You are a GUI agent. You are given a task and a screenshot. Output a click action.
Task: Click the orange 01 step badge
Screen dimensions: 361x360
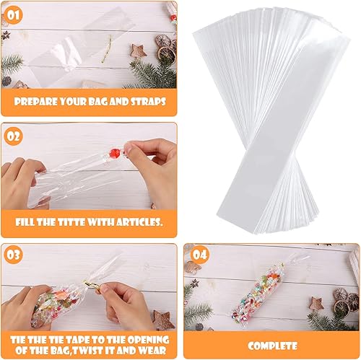pos(14,15)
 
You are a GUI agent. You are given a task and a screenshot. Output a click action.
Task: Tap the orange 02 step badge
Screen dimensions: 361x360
pos(14,136)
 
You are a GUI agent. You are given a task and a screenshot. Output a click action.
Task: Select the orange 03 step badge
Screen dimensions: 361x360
pos(14,255)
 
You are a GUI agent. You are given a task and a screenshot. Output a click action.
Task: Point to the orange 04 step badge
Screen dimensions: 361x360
pos(200,255)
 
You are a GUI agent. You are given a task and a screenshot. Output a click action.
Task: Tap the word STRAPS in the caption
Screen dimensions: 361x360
pos(148,102)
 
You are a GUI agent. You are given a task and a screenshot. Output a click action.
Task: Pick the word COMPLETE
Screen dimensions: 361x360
pos(272,346)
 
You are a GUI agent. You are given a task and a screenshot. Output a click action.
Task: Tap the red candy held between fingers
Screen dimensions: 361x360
pos(113,152)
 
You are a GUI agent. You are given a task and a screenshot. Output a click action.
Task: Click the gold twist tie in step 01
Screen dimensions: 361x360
pos(107,48)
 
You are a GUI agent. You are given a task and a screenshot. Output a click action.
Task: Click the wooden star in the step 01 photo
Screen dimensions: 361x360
pos(139,51)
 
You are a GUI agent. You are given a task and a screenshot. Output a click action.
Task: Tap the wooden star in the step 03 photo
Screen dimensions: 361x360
pos(162,320)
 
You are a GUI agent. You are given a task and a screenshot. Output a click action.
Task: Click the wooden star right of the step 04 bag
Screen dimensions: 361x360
pos(316,304)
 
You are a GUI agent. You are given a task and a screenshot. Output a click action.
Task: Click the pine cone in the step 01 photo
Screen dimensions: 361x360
pos(6,81)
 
